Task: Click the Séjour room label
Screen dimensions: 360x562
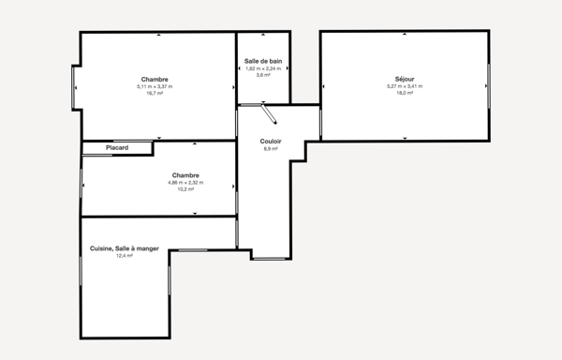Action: pos(405,79)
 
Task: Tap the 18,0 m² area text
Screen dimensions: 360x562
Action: pos(405,93)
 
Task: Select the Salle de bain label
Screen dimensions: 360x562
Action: pos(263,61)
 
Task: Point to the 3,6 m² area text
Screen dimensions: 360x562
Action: pos(263,75)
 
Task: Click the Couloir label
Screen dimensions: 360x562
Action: pos(271,142)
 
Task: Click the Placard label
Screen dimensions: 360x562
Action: pos(117,147)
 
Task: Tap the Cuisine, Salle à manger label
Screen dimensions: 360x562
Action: pos(125,248)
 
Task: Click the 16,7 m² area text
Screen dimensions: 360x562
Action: pos(155,93)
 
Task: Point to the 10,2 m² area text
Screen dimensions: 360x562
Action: pos(185,189)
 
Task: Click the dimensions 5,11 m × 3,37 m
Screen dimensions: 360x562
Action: pos(155,86)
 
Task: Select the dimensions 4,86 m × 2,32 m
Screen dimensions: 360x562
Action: pos(185,183)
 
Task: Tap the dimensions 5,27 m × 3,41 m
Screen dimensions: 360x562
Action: pos(405,86)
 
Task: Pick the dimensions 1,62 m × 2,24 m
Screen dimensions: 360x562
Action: pos(263,68)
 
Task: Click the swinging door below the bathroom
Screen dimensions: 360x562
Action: pos(269,114)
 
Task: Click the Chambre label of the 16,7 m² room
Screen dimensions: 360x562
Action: pos(155,79)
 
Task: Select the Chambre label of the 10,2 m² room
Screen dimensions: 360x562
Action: pos(185,175)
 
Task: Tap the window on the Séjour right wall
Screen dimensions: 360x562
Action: pos(488,86)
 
